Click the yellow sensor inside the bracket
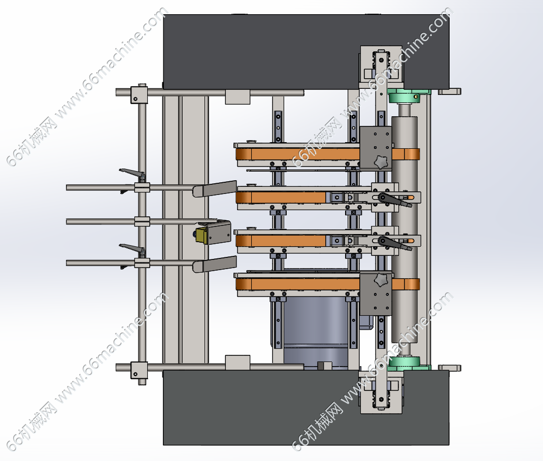[200, 235]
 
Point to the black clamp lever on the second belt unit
[395, 200]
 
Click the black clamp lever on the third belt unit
[395, 243]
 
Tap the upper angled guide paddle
[215, 189]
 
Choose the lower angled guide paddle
[215, 265]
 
